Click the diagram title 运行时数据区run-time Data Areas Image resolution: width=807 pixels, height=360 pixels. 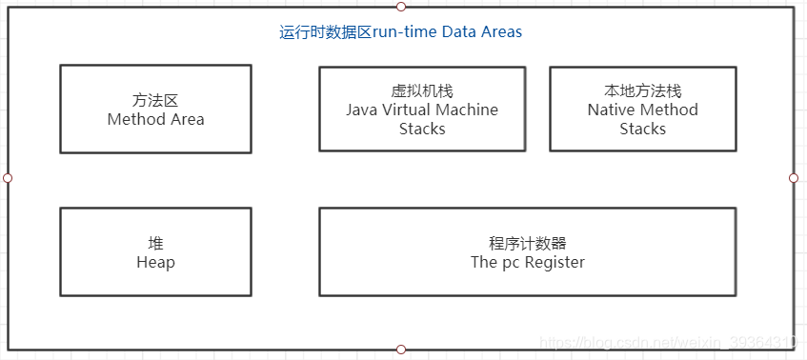pyautogui.click(x=400, y=32)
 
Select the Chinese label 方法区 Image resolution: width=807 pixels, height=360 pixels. pyautogui.click(x=155, y=101)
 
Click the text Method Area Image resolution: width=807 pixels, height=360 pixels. pyautogui.click(x=155, y=119)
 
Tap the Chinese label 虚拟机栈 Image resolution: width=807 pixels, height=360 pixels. pyautogui.click(x=422, y=91)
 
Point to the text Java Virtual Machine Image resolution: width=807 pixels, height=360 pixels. pyautogui.click(x=422, y=110)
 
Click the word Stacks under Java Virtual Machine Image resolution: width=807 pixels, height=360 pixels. pyautogui.click(x=422, y=129)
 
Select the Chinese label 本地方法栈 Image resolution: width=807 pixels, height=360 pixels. pyautogui.click(x=642, y=91)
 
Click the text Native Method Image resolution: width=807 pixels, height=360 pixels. pyautogui.click(x=642, y=110)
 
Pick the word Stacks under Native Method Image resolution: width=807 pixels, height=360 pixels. pyautogui.click(x=642, y=129)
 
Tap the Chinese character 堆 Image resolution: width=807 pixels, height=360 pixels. pyautogui.click(x=155, y=244)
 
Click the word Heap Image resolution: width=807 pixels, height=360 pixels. pyautogui.click(x=155, y=262)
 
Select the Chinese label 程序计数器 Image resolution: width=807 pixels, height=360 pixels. pyautogui.click(x=527, y=244)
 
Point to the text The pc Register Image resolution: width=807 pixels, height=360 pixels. pyautogui.click(x=527, y=262)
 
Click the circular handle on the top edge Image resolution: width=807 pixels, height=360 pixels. pyautogui.click(x=401, y=7)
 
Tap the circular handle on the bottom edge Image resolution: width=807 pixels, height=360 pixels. pyautogui.click(x=401, y=350)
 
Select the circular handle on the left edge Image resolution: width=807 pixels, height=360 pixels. pyautogui.click(x=8, y=178)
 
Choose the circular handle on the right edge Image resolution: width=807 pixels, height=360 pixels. pyautogui.click(x=794, y=178)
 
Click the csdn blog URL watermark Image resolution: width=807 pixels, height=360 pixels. pyautogui.click(x=667, y=342)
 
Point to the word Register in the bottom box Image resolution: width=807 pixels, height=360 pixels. pyautogui.click(x=553, y=262)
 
